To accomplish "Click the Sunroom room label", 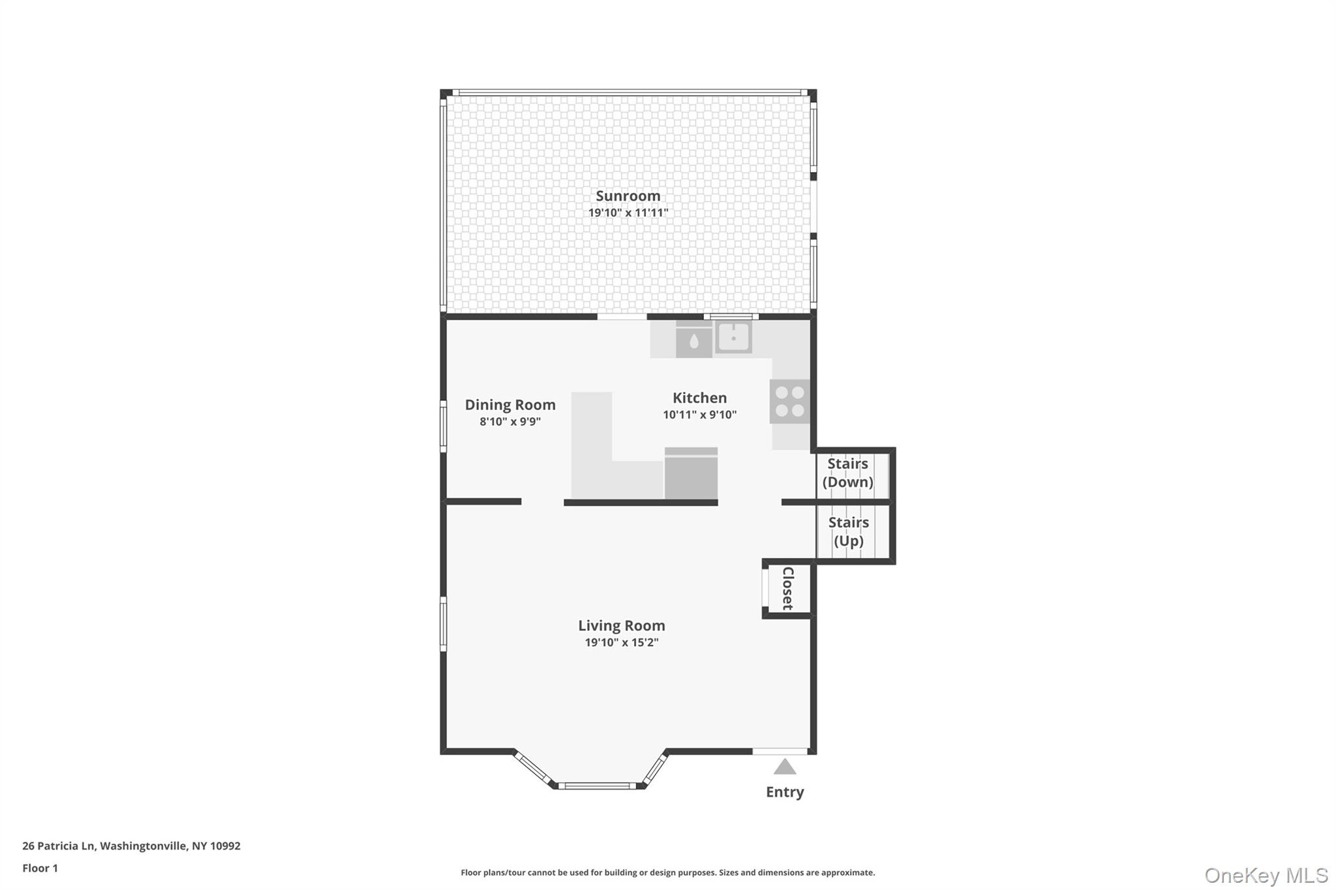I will [628, 196].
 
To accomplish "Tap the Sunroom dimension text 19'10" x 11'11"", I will [628, 213].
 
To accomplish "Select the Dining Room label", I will [509, 404].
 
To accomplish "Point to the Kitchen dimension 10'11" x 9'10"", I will [699, 415].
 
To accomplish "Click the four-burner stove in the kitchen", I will [789, 402].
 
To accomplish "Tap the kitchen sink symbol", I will [733, 338].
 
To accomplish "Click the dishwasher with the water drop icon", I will [693, 340].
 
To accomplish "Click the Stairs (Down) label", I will [847, 473].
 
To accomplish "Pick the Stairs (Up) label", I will [848, 531].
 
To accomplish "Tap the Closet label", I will [787, 588].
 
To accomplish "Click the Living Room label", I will [621, 625].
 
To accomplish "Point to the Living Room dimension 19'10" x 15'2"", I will [621, 642].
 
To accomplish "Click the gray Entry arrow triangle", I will [784, 767].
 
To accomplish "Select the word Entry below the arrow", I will [784, 792].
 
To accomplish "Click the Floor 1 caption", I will [40, 868].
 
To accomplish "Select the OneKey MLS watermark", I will [1266, 875].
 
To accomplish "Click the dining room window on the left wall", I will [443, 426].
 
